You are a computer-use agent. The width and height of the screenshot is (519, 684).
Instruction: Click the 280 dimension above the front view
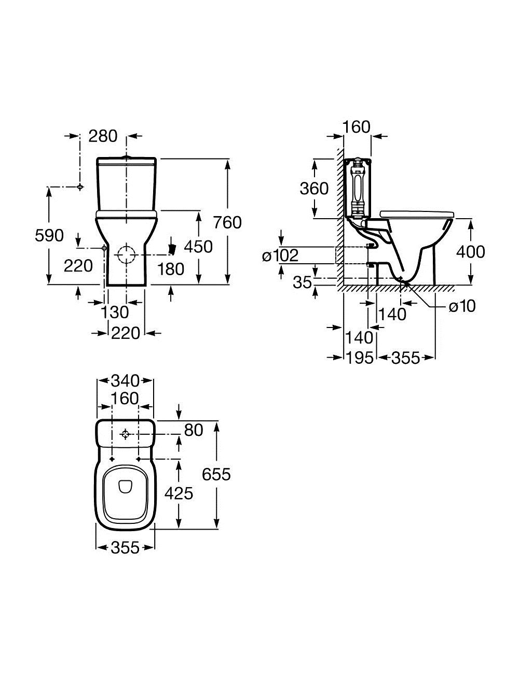[103, 136]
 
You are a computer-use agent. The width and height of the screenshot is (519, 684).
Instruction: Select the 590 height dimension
[49, 235]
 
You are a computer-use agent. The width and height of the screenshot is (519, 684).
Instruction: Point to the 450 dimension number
[199, 247]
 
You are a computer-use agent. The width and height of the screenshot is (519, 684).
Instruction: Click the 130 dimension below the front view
[115, 312]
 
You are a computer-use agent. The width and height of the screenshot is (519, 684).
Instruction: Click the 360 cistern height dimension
[314, 189]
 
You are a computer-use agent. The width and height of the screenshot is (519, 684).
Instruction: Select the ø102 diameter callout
[280, 255]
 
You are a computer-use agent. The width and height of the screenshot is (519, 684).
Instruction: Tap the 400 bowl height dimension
[470, 252]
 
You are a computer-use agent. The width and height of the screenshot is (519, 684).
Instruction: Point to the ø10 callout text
[462, 306]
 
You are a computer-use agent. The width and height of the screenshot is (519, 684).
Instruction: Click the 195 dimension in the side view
[360, 358]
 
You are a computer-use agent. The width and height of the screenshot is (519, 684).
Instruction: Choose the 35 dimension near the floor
[303, 282]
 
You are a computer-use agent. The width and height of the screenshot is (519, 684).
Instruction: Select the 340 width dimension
[126, 381]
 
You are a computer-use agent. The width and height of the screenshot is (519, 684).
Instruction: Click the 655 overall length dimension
[216, 474]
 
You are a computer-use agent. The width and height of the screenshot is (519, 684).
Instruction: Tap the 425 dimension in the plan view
[179, 493]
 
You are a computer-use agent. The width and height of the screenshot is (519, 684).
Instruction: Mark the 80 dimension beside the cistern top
[194, 430]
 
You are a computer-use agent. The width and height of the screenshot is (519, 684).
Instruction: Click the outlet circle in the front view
[126, 254]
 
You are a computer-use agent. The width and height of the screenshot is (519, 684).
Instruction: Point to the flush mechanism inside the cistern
[357, 188]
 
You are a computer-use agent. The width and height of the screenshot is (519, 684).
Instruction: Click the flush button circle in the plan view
[125, 435]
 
